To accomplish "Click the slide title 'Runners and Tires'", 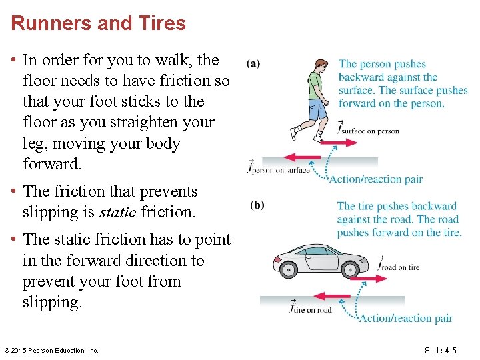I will click(98, 23).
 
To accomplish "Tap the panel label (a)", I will click(253, 64).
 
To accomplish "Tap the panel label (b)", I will click(257, 205).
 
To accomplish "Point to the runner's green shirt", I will click(315, 85).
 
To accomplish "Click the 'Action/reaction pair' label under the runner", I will click(377, 179).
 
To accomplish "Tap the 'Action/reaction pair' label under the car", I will click(406, 318).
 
